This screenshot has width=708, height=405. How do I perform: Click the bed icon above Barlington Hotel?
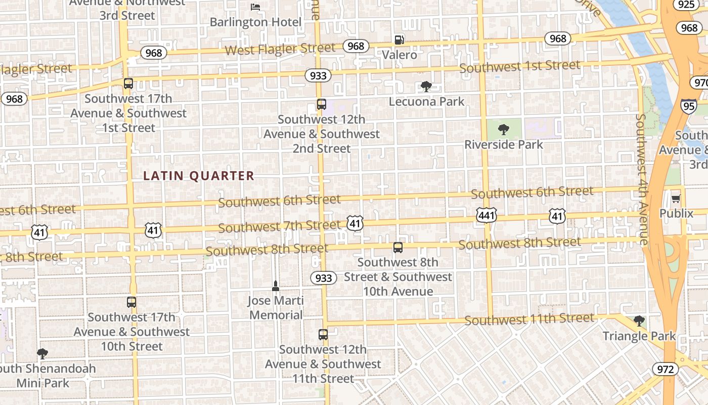point(256,7)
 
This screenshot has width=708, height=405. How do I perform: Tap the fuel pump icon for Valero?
point(400,40)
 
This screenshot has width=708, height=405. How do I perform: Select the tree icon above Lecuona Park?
point(426,87)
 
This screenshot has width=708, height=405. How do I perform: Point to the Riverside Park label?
point(504,145)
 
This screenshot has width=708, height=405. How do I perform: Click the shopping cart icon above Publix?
point(676,198)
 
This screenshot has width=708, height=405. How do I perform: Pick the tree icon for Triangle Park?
point(639,321)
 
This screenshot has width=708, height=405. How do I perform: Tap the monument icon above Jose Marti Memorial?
point(276,286)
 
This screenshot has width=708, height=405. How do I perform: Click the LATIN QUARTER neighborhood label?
point(199,176)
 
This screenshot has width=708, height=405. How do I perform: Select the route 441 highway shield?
point(486,215)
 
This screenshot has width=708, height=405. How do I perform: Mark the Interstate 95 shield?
point(688,106)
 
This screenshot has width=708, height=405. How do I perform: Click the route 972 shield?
point(665,369)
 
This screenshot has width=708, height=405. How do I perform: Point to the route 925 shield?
point(686,5)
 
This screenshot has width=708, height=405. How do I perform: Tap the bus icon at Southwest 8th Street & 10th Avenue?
point(398,248)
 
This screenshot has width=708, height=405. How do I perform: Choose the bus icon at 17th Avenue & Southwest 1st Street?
point(128,84)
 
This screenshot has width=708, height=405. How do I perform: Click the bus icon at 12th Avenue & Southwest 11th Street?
point(323,335)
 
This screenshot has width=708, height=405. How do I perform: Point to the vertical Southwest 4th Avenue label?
point(642,180)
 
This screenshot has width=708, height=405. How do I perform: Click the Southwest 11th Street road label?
point(529,319)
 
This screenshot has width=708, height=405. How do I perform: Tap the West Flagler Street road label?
point(280,49)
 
